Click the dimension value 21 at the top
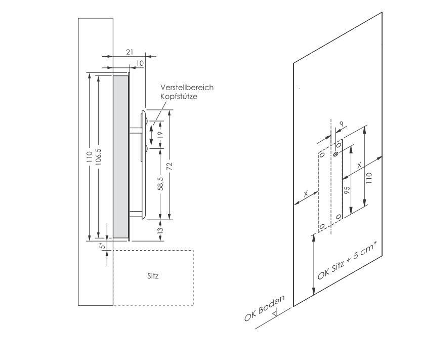click(130, 52)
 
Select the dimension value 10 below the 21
click(140, 63)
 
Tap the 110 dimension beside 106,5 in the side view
click(89, 157)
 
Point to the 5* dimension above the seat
click(102, 246)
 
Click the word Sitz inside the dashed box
click(153, 276)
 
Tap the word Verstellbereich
click(187, 88)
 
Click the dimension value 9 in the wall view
click(343, 123)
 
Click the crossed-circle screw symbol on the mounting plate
click(335, 153)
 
